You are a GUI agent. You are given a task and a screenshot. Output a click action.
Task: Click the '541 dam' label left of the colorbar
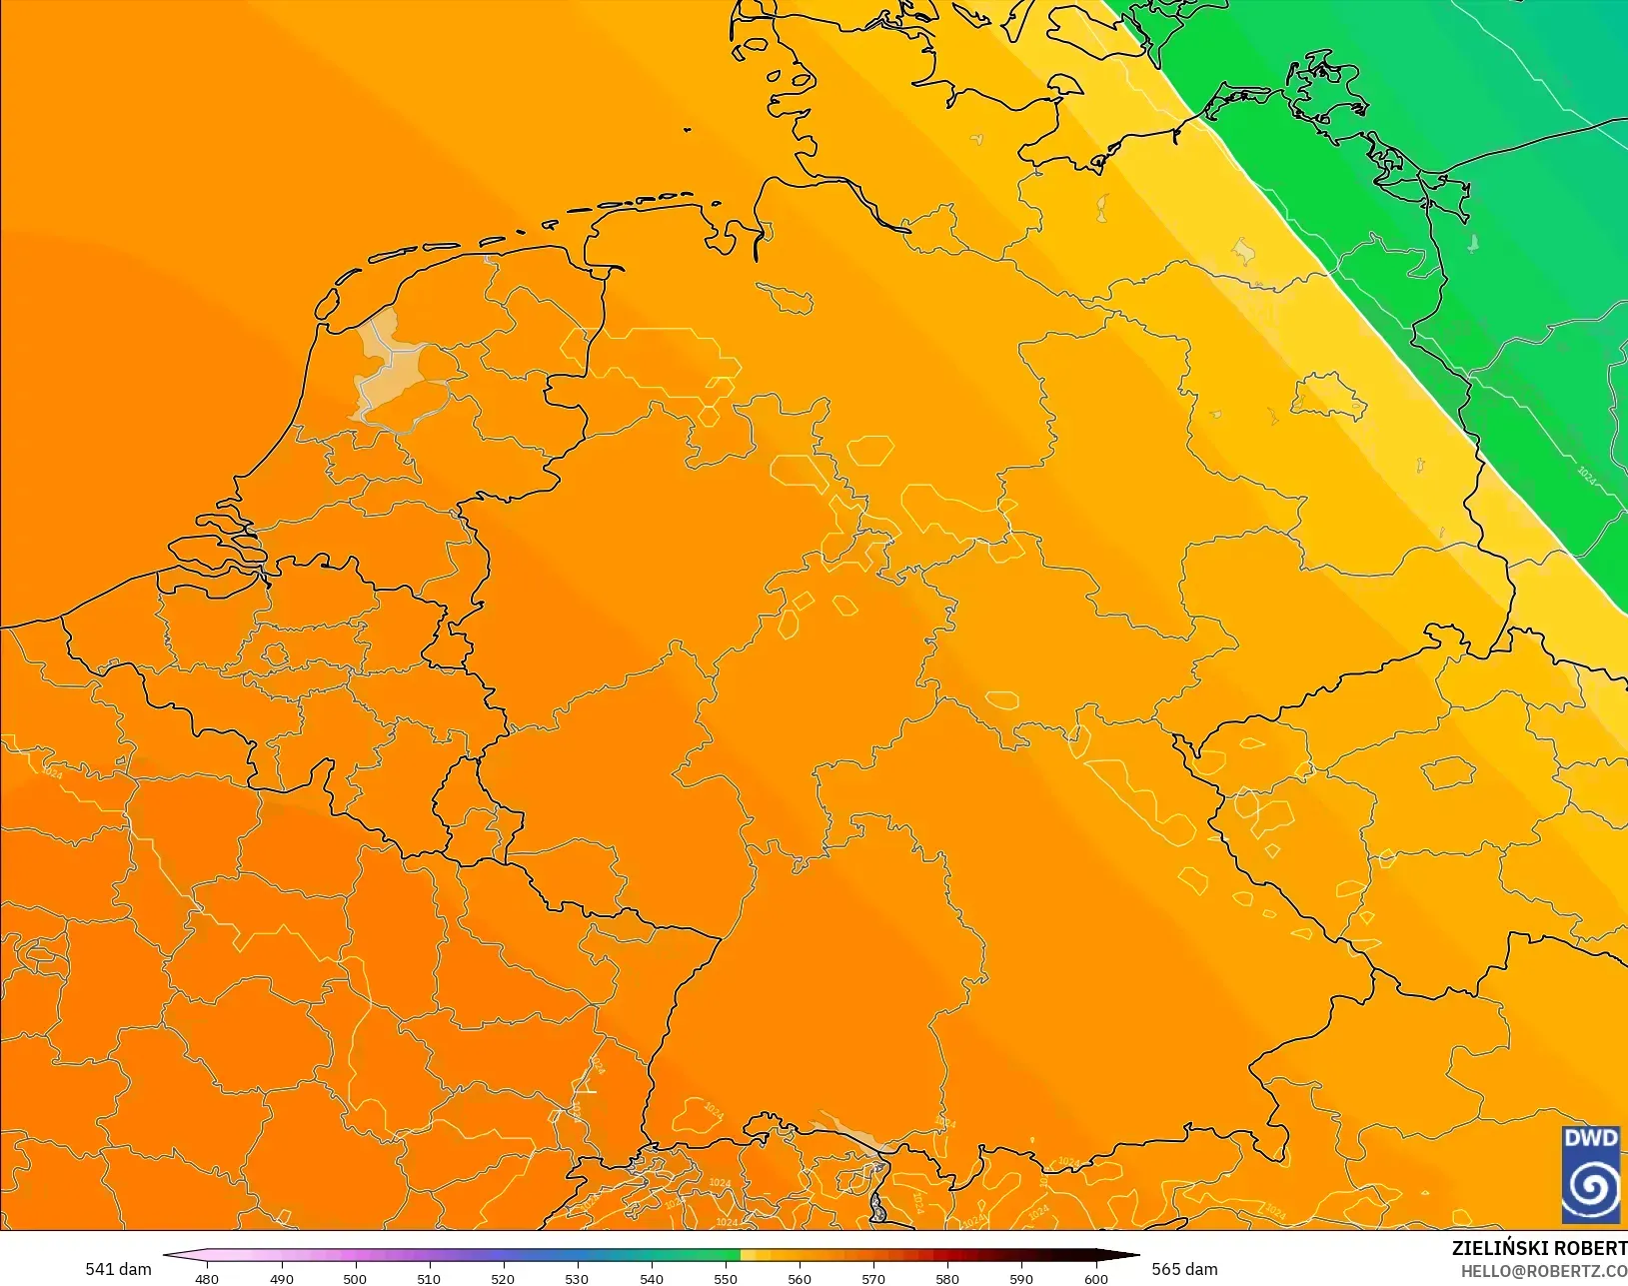pos(118,1269)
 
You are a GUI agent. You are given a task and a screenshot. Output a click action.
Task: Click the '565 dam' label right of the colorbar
pos(1184,1269)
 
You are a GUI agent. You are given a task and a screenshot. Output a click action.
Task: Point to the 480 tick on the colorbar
pos(207,1278)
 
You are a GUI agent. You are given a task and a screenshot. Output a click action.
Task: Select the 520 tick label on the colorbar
pos(503,1278)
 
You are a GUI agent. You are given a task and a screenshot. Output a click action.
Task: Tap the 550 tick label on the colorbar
pos(726,1278)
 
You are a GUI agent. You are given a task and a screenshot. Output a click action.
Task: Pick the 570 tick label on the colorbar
pos(873,1278)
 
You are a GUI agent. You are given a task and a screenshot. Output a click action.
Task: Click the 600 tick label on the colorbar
pos(1096,1278)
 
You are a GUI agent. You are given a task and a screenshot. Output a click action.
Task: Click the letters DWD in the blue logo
pos(1591,1139)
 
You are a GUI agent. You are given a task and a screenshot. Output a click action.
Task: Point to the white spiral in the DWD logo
pos(1591,1187)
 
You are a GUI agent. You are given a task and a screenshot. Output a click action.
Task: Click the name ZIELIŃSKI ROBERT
pos(1539,1248)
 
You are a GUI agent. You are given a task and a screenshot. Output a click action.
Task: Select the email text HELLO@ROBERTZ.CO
pos(1544,1271)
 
